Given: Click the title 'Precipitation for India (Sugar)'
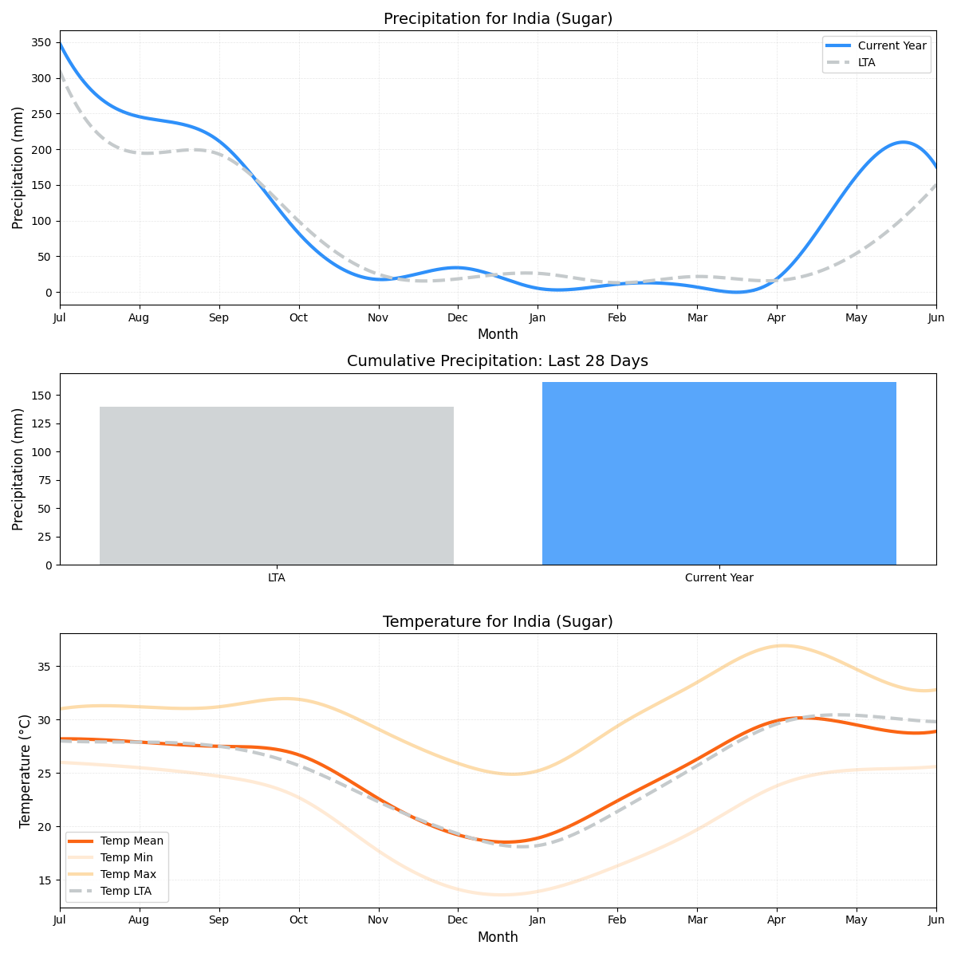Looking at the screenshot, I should (x=498, y=19).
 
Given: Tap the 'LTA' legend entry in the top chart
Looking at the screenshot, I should (x=866, y=62).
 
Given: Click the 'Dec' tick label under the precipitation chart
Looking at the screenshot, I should (x=458, y=318).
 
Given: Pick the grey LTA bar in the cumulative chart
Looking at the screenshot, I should (x=277, y=486).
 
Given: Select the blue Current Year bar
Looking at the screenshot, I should (x=719, y=474).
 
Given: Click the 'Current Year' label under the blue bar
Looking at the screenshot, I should (x=719, y=578).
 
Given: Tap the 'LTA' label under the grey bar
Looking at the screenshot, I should (x=277, y=578).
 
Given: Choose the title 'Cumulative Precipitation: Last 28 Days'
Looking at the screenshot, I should (x=498, y=361).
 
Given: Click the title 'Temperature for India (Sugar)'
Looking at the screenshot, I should (x=498, y=622).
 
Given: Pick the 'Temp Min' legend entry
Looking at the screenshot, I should (x=127, y=858).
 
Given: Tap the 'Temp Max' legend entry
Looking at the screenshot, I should (x=128, y=875).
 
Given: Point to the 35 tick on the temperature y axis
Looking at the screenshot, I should (x=45, y=667).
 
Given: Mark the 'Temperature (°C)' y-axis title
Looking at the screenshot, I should (x=25, y=770).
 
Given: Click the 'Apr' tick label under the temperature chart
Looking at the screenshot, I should (x=777, y=920).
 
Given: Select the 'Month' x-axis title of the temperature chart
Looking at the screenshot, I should (x=498, y=938).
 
